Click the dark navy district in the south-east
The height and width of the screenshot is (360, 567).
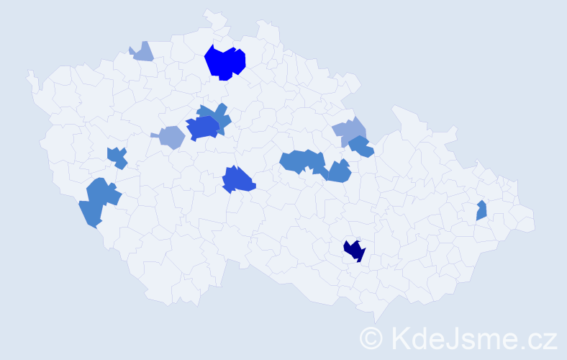coord(353,251)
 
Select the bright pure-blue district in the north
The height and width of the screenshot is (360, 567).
coord(225,62)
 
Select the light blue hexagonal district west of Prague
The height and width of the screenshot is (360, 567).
coord(171,136)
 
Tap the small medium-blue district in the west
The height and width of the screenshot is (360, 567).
coord(117,156)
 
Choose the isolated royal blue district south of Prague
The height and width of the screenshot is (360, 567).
coord(238,179)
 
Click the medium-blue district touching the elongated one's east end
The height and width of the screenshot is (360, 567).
coord(337,171)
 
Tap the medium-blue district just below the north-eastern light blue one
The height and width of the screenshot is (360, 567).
coord(360,147)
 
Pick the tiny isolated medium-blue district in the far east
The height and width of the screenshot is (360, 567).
coord(481,210)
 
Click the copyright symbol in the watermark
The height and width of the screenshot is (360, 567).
coord(371,338)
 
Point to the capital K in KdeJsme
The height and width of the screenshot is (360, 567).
coord(398,338)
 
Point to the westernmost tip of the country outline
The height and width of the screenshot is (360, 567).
coord(27,73)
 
